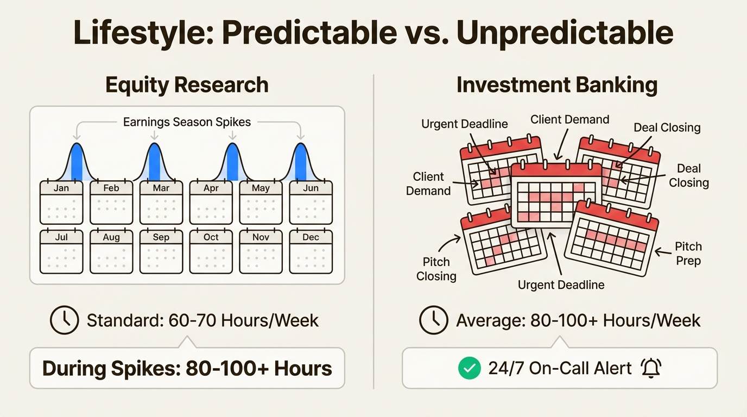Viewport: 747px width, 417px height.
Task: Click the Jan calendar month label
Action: click(x=61, y=188)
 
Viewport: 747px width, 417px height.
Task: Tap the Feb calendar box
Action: click(x=111, y=203)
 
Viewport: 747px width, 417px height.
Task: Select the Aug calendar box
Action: click(x=111, y=251)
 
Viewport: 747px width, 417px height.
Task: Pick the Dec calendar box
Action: click(x=311, y=251)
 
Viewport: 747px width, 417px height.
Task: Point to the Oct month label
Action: click(x=211, y=237)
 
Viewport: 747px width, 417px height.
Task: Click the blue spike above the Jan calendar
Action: click(x=77, y=162)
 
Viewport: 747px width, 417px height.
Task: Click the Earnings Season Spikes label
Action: click(x=187, y=122)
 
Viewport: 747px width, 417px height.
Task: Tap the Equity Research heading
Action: click(x=187, y=85)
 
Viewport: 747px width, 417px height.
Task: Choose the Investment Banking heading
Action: click(x=557, y=85)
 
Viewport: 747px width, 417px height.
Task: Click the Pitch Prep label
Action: click(x=688, y=254)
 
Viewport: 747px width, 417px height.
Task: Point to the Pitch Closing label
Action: click(x=436, y=269)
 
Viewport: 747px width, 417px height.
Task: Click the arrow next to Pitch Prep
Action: click(x=662, y=252)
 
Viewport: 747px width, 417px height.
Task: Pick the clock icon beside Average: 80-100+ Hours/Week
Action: click(x=434, y=320)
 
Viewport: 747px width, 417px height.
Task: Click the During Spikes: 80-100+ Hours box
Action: click(x=187, y=368)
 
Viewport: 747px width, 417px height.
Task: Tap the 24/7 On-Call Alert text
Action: click(x=560, y=368)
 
